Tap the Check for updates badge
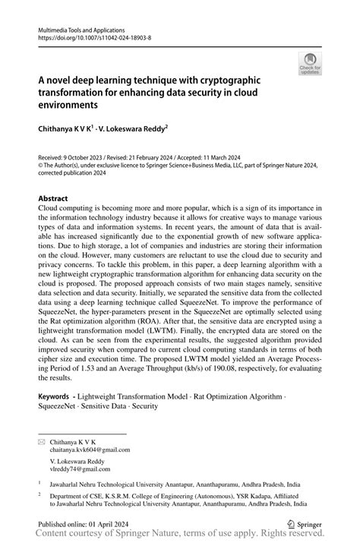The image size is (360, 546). [x=310, y=65]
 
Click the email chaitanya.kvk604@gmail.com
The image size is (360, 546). [x=90, y=449]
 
